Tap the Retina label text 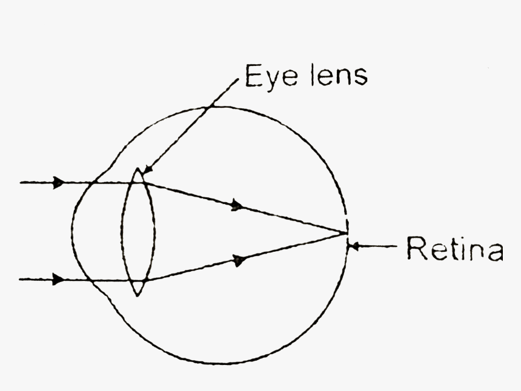point(455,248)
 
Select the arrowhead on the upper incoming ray point(59,183)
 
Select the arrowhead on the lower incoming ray point(59,280)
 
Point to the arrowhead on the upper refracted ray point(237,205)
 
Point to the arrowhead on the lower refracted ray point(239,260)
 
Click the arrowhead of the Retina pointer point(354,246)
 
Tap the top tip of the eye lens point(138,169)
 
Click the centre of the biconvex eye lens point(138,232)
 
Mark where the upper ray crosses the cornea point(93,183)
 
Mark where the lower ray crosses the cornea point(91,280)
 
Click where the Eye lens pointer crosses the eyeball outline point(208,107)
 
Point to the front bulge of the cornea point(71,232)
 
